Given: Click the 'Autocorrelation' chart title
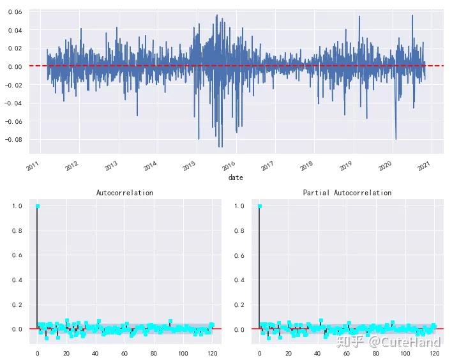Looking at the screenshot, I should pos(124,192).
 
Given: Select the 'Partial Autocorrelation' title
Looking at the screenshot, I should pos(347,192).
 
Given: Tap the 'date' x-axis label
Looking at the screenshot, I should pos(236,177).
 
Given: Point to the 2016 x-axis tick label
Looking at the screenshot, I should pos(228,165).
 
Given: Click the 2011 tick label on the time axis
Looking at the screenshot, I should pos(33,165).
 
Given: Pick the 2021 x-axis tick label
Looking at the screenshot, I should pos(423,165).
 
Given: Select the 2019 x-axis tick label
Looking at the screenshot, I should pos(345,165).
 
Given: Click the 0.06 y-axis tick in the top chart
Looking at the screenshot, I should pos(16,12).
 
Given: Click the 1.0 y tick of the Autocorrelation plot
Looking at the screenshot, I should pos(19,206).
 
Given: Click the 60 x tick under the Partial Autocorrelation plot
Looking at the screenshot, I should pos(347,353).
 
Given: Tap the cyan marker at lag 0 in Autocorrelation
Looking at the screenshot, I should pos(38,206).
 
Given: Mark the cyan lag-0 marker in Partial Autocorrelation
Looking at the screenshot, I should pos(260,206).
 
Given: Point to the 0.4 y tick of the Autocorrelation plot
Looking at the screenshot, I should pos(19,280).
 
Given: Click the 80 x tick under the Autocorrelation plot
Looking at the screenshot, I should pos(154,353).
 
